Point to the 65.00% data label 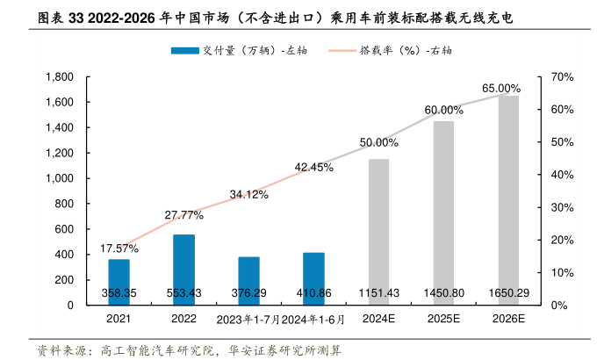(501, 89)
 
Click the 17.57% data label (119, 248)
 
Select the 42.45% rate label (313, 167)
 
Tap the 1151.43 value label (378, 292)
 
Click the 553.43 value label (183, 292)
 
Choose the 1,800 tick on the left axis (59, 77)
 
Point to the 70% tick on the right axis (562, 77)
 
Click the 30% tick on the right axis (562, 207)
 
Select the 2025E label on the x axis (443, 319)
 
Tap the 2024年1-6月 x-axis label (313, 319)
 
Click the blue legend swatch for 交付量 (185, 50)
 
